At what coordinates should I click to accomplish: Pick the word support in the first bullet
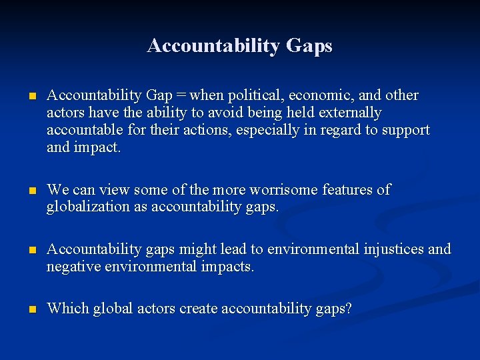click(x=406, y=130)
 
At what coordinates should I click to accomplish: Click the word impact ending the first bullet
click(x=97, y=147)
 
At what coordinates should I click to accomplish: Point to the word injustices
click(x=392, y=249)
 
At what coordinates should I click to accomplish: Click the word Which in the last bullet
click(x=67, y=309)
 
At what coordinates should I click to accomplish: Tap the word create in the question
click(x=197, y=309)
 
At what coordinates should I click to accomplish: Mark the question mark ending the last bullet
click(x=348, y=309)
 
